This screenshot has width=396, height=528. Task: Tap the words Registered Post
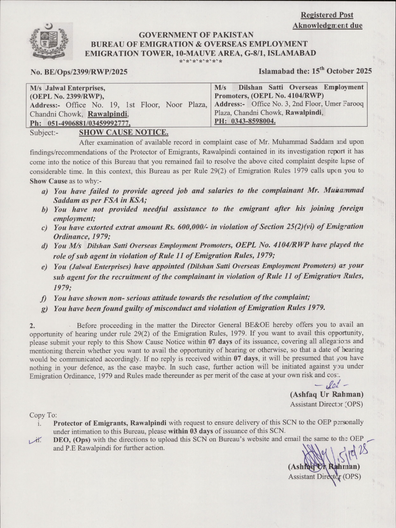click(x=327, y=15)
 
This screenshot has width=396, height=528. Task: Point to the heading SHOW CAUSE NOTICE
click(x=123, y=132)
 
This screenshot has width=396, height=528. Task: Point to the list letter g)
click(x=45, y=308)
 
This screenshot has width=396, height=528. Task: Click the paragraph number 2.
click(x=32, y=326)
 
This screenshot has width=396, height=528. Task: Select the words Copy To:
click(x=43, y=415)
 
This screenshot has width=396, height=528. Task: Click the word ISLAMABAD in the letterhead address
click(x=292, y=53)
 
